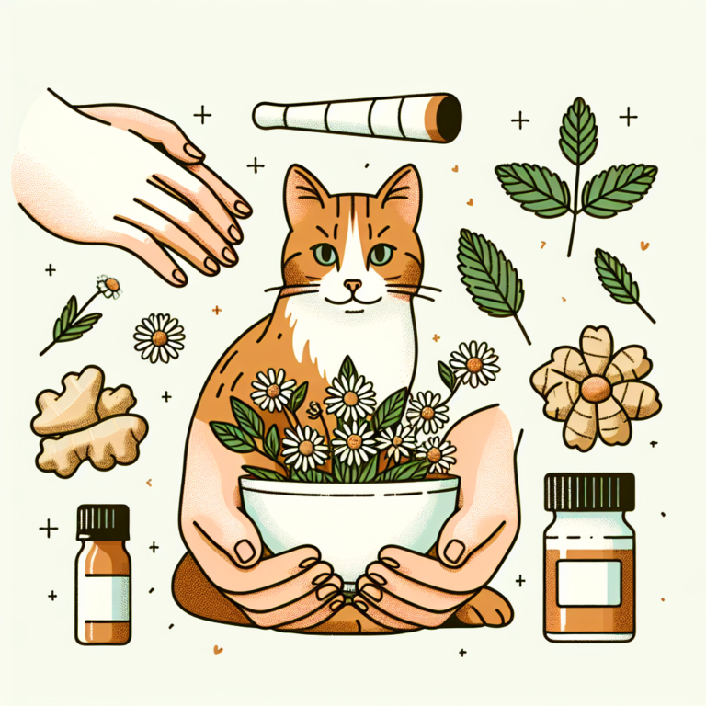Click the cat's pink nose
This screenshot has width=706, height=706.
click(x=352, y=284)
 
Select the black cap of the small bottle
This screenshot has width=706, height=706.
click(x=103, y=521)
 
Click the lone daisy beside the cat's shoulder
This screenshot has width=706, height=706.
click(x=159, y=337)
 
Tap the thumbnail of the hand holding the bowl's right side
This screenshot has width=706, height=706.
click(x=454, y=551)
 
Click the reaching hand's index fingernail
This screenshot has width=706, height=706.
click(x=241, y=208)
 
